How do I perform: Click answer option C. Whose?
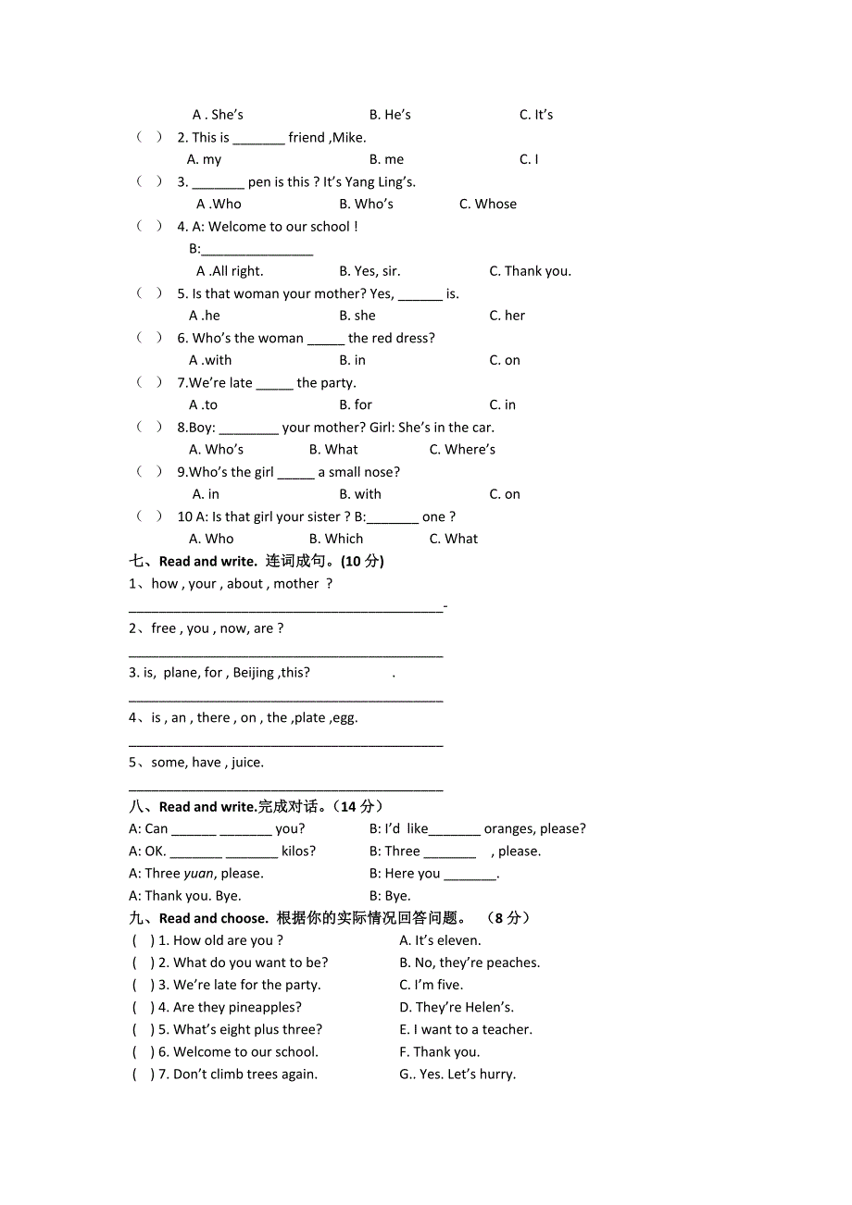(x=488, y=205)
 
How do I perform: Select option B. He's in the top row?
(x=390, y=115)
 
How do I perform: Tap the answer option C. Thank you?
(x=530, y=271)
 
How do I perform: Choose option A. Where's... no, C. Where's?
(x=462, y=450)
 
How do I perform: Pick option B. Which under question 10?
(x=336, y=539)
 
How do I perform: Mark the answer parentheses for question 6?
(x=149, y=338)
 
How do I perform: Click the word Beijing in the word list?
(x=253, y=673)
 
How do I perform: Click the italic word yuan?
(x=198, y=874)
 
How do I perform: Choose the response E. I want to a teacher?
(x=465, y=1029)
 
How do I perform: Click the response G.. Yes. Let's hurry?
(x=457, y=1075)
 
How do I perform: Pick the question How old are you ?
(x=228, y=940)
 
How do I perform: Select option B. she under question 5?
(x=357, y=316)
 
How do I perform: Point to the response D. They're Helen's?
(x=456, y=1007)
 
